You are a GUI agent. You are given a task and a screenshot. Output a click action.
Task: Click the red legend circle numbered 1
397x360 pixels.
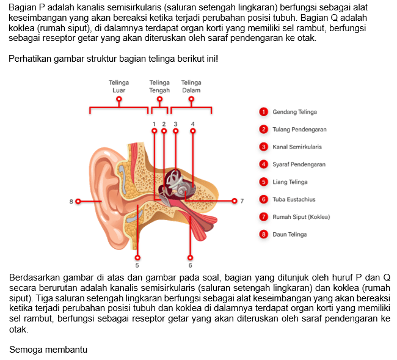(x=263, y=112)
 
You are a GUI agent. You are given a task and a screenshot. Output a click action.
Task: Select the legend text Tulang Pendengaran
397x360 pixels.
(x=299, y=130)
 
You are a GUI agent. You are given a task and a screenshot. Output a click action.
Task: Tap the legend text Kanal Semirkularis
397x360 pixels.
(x=297, y=147)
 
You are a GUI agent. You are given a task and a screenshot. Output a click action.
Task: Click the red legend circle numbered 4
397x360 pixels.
(x=263, y=164)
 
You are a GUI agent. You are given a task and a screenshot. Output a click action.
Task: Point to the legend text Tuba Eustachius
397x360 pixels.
(x=294, y=199)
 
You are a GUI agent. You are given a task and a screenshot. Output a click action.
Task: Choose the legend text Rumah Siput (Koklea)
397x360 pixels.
(x=301, y=217)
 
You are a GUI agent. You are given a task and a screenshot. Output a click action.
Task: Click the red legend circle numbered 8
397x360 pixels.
(x=263, y=234)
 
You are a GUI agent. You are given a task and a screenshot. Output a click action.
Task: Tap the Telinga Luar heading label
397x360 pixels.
(x=118, y=86)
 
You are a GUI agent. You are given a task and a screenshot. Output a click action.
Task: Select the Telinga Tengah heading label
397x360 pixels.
(x=159, y=86)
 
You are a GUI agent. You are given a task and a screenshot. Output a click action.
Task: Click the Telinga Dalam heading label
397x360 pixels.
(x=191, y=86)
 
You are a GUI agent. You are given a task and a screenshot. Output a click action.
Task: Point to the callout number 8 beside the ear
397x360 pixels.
(x=71, y=202)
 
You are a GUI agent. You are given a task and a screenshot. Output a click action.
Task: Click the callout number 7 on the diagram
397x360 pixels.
(x=242, y=201)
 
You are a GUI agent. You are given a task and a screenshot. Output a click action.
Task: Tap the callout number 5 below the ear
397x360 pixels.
(x=137, y=265)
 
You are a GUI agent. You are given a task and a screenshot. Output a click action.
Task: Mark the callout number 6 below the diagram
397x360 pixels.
(x=190, y=265)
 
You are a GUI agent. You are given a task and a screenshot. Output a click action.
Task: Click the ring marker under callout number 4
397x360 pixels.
(x=193, y=131)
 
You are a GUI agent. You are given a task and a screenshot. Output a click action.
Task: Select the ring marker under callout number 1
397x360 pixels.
(x=154, y=131)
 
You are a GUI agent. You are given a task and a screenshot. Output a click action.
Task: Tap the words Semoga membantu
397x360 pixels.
(x=48, y=350)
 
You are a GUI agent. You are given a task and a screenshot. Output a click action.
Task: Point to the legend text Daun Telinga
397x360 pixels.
(x=290, y=234)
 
